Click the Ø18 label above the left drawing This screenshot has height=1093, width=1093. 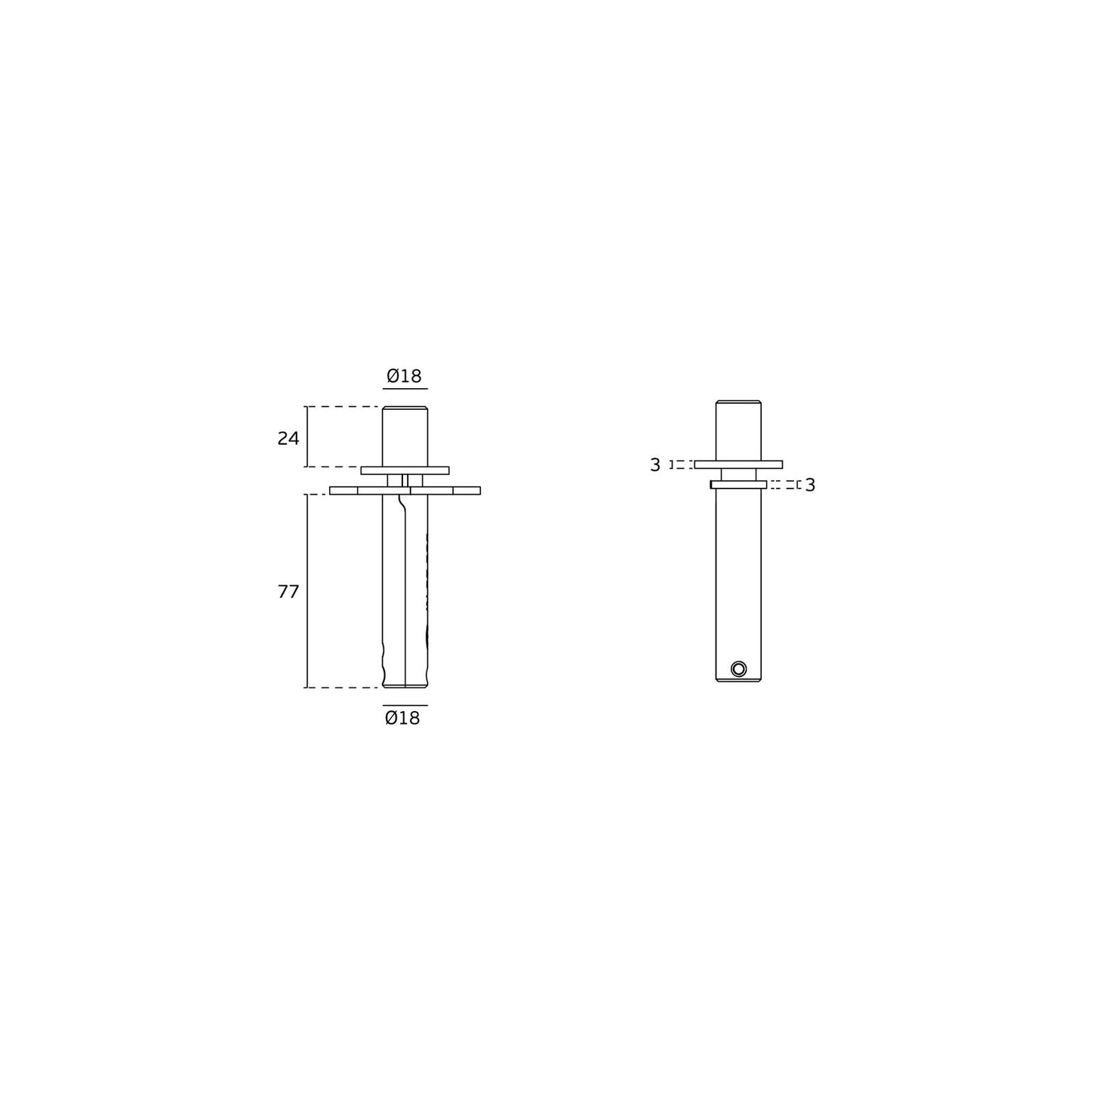coord(404,376)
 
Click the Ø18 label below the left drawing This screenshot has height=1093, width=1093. coord(402,718)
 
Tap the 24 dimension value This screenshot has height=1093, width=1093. coord(288,438)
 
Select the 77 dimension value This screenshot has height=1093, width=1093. coord(288,592)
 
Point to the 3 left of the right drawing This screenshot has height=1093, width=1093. coord(655,465)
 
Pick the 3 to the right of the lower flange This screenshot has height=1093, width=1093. coord(810,485)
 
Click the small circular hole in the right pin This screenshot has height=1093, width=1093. coord(739,669)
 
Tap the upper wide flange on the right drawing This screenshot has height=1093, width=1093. coord(738,464)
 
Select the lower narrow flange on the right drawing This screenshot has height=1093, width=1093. coord(738,484)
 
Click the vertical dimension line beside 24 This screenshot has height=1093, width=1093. coord(307,436)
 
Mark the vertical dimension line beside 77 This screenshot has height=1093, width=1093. coord(307,591)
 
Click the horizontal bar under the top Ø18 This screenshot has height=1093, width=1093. coord(405,389)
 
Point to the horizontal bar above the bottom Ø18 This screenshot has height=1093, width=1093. coord(405,705)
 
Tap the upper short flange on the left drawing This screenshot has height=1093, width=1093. coord(405,470)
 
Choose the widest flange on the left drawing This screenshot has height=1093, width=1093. coord(405,490)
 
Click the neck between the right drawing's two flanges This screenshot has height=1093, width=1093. coord(738,474)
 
